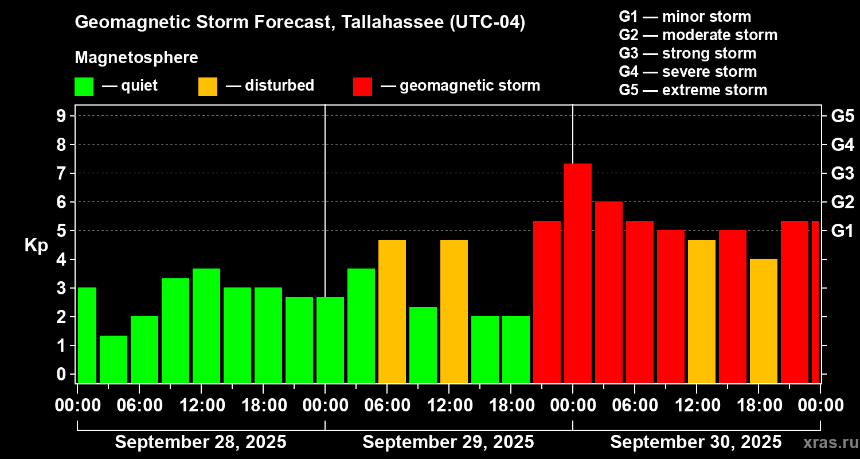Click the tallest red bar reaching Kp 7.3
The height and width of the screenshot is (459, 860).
coord(577,273)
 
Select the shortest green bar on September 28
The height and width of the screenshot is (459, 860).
coord(113,359)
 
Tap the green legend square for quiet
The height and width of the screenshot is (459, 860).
coord(84,87)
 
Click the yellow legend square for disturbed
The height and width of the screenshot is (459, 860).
coord(208,87)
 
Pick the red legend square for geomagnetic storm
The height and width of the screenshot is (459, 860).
coord(362,87)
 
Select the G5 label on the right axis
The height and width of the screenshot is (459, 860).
coord(842,116)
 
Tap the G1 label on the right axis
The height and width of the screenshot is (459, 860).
coord(842,231)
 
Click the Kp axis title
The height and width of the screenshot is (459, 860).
coord(36,246)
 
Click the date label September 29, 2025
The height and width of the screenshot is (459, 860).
coord(448,442)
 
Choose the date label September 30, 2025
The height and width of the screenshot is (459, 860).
coord(695,442)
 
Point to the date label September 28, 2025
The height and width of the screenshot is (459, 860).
coord(201,442)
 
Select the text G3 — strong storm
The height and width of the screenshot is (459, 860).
coord(687,53)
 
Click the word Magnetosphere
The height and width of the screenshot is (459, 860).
coord(136,58)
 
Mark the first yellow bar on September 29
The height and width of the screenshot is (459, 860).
coord(392,311)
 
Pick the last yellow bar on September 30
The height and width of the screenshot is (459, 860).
coord(763,321)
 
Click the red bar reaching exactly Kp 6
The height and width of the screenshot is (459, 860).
coord(608,292)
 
